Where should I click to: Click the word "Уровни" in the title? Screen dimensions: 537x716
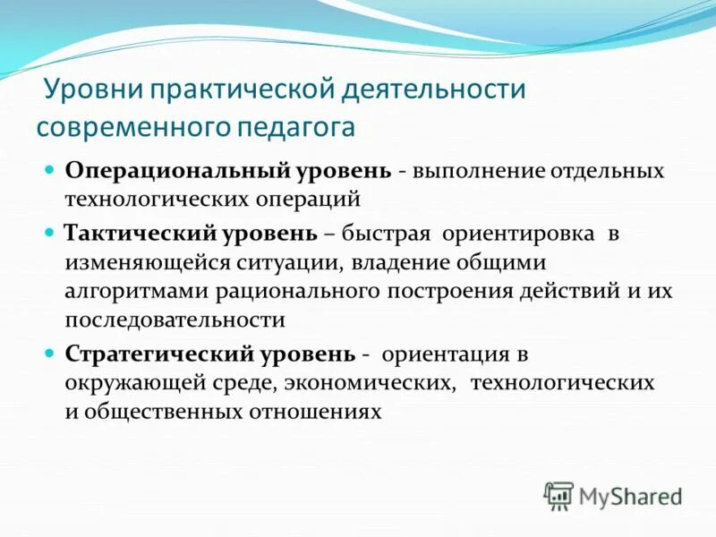click(x=94, y=90)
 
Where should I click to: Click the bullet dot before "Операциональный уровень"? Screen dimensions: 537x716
click(x=51, y=169)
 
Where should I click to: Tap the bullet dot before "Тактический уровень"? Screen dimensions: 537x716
click(x=51, y=232)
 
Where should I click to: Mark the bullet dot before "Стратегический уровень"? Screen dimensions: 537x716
click(x=51, y=353)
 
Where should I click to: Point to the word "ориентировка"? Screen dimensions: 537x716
click(x=516, y=233)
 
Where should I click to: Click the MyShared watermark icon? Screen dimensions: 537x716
click(x=558, y=493)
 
